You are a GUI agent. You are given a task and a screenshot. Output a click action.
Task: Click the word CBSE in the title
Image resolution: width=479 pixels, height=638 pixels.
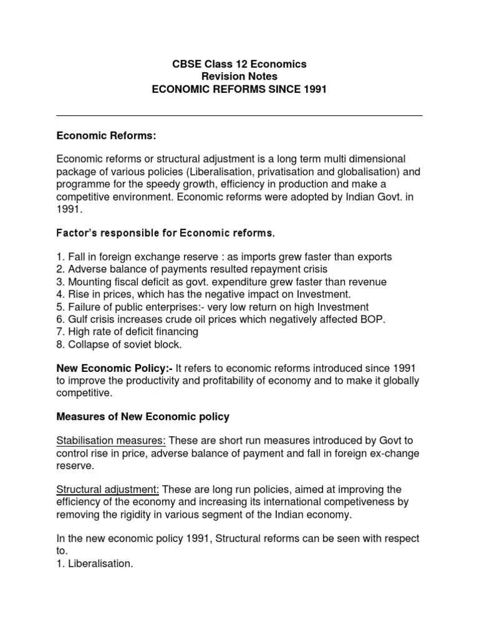tap(186, 64)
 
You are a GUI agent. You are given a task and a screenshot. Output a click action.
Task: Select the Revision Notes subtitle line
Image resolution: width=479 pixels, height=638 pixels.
tap(239, 77)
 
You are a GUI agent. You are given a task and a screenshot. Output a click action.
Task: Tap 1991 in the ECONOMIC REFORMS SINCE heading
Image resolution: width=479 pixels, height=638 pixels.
tap(314, 89)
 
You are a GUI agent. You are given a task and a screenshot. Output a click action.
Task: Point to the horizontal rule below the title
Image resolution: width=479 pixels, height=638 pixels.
tap(239, 115)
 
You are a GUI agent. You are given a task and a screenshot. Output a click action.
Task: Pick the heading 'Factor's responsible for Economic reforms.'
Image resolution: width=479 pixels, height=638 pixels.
tap(165, 233)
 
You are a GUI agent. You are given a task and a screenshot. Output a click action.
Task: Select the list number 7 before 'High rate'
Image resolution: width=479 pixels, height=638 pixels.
tap(59, 332)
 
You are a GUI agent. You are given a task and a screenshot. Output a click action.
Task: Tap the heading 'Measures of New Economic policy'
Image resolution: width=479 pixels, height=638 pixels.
tap(143, 417)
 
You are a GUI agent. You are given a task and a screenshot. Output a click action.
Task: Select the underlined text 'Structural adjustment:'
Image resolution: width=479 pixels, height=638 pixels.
tap(108, 490)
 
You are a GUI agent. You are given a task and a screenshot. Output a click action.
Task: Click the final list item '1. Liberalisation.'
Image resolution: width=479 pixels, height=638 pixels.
tap(95, 563)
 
